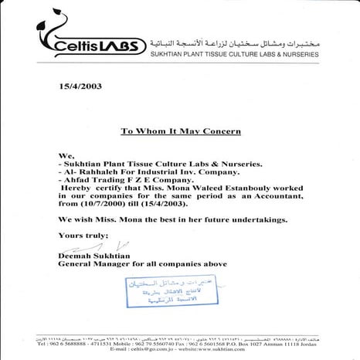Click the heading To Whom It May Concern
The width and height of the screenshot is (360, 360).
[x=181, y=131]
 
